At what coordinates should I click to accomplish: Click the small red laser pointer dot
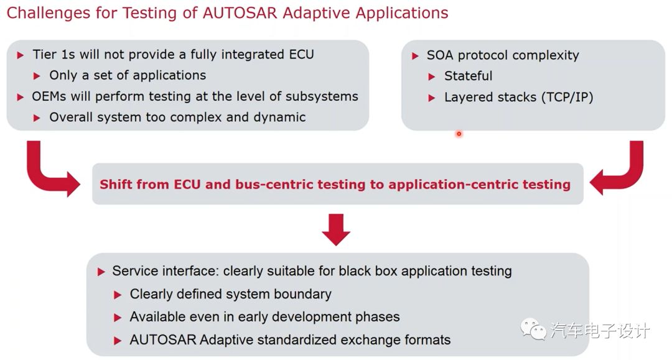(x=459, y=133)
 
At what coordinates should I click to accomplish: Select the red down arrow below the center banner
(x=336, y=229)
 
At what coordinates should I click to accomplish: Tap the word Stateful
(x=468, y=76)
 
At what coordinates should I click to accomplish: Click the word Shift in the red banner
(x=116, y=184)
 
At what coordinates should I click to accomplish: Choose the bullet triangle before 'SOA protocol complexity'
(x=415, y=56)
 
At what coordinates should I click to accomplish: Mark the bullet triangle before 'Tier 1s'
(x=21, y=55)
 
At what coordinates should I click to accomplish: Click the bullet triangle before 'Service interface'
(x=101, y=272)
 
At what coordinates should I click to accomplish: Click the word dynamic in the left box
(x=282, y=117)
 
